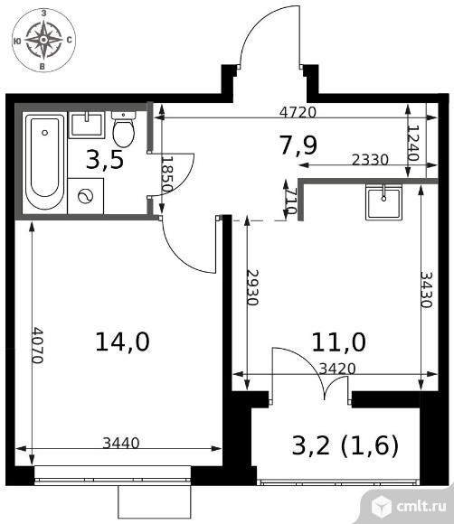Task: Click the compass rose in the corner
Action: [x=43, y=40]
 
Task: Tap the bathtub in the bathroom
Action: [x=45, y=163]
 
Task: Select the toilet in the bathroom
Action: [x=124, y=129]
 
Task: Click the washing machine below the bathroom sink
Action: [x=86, y=196]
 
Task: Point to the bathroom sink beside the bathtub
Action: [x=87, y=125]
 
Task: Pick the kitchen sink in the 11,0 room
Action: [x=383, y=201]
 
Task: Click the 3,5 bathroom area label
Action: [x=105, y=160]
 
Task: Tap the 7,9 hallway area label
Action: [x=298, y=145]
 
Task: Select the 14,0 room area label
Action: [x=122, y=342]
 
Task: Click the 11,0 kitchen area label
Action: [x=338, y=342]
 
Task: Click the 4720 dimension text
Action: [x=298, y=112]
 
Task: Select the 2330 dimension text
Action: [x=370, y=160]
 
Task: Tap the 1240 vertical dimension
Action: [x=414, y=143]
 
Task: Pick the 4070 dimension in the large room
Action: [x=37, y=345]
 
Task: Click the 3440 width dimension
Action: [x=121, y=443]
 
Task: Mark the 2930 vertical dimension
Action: [x=252, y=287]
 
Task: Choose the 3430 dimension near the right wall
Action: [x=427, y=289]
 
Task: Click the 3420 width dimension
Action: [x=337, y=369]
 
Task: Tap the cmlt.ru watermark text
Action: [x=421, y=506]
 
